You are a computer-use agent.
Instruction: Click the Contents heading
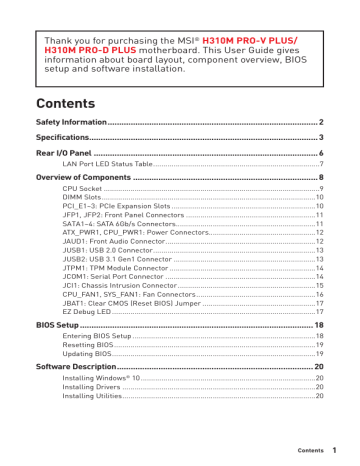(66, 103)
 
